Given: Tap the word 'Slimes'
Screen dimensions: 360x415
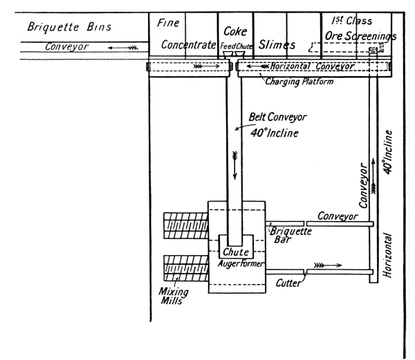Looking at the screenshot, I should click(x=276, y=45).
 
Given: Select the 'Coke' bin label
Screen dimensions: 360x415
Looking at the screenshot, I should click(x=237, y=32).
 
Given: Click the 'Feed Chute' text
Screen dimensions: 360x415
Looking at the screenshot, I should click(x=237, y=46).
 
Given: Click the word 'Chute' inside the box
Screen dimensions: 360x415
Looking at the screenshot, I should click(x=237, y=252).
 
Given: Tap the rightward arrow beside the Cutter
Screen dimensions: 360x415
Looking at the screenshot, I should click(x=328, y=265).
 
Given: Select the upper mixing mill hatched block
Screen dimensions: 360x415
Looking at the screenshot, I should click(x=185, y=226).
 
